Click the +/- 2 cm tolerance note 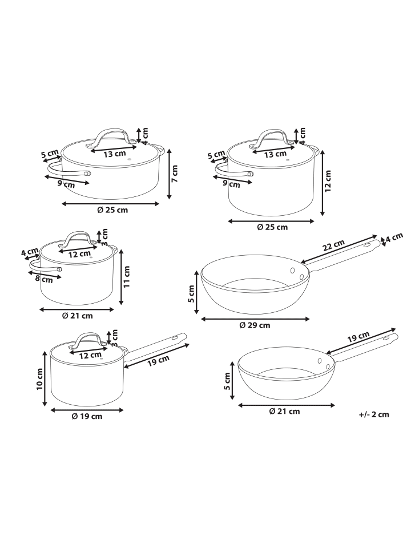(x=373, y=414)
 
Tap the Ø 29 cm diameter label (x=255, y=325)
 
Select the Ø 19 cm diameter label (x=87, y=416)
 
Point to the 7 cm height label (x=175, y=174)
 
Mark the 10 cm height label (x=39, y=379)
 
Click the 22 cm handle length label (x=334, y=245)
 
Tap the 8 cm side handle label (x=44, y=279)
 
